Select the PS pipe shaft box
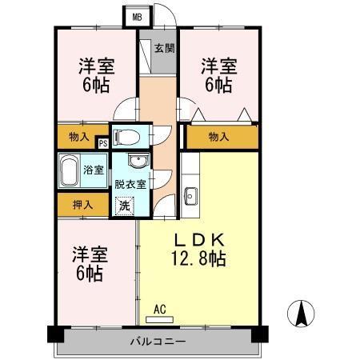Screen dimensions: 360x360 coord(102,143)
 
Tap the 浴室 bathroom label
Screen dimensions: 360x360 coord(94,170)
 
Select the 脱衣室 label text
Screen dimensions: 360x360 coord(130,184)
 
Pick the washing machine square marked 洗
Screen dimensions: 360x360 coord(125,205)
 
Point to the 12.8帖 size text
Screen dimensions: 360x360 coord(200,258)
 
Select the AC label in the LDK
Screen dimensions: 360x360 coord(158,306)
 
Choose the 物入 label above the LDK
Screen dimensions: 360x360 coord(218,137)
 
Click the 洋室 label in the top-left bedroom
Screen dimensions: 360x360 coord(95,66)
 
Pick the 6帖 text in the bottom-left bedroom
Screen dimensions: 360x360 coord(89,274)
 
